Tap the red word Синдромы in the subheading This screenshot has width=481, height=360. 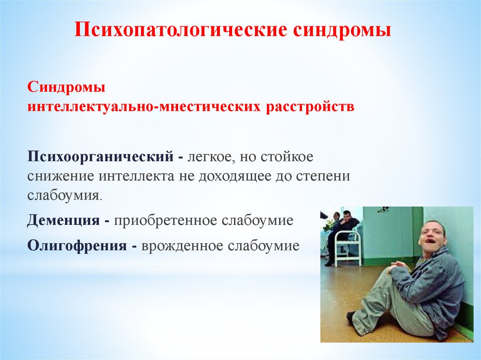click(x=66, y=87)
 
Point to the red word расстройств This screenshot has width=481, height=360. click(x=310, y=107)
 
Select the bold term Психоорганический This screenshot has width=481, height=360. click(x=101, y=157)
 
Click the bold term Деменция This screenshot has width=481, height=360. click(x=63, y=221)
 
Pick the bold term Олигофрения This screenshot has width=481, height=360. click(x=77, y=246)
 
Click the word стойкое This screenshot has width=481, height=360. click(x=287, y=157)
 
